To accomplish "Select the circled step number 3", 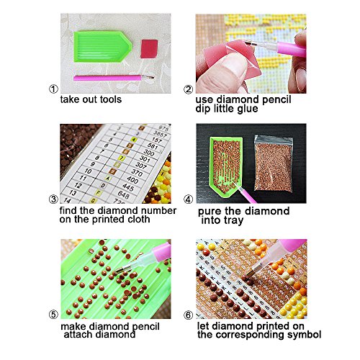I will coord(52,199).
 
